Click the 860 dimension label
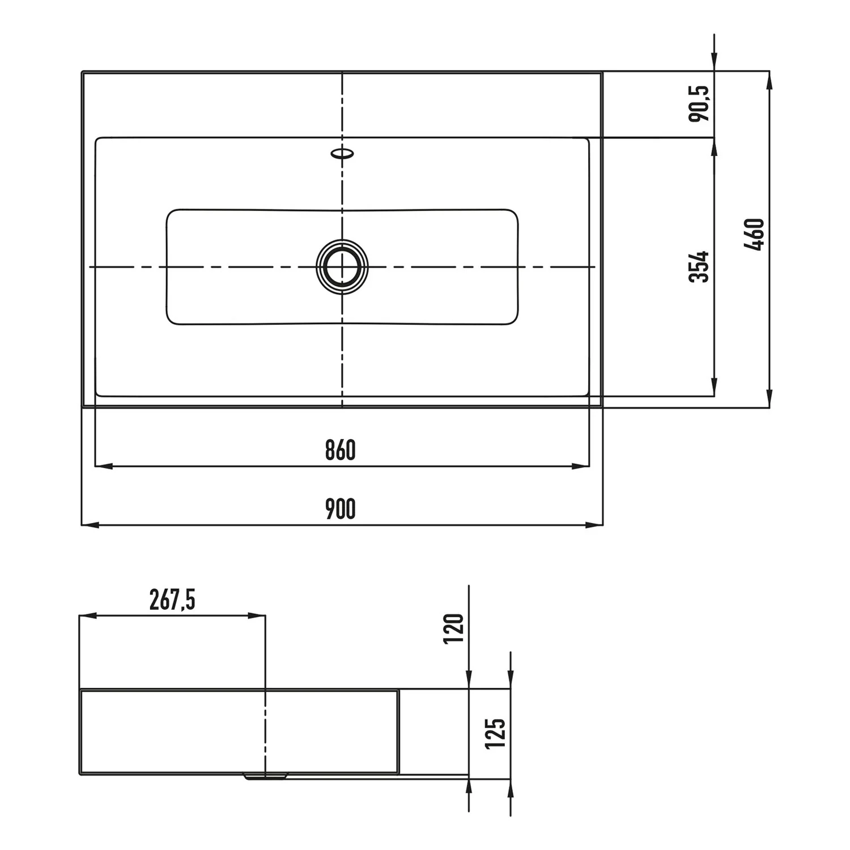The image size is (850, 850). [x=340, y=450]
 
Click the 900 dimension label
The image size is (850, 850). [x=340, y=509]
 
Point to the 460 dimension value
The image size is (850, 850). [x=756, y=234]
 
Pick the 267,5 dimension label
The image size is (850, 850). [x=172, y=600]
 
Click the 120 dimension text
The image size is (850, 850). [x=454, y=627]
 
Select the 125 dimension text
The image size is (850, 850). [x=496, y=733]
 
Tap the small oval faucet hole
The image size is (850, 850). [x=342, y=153]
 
